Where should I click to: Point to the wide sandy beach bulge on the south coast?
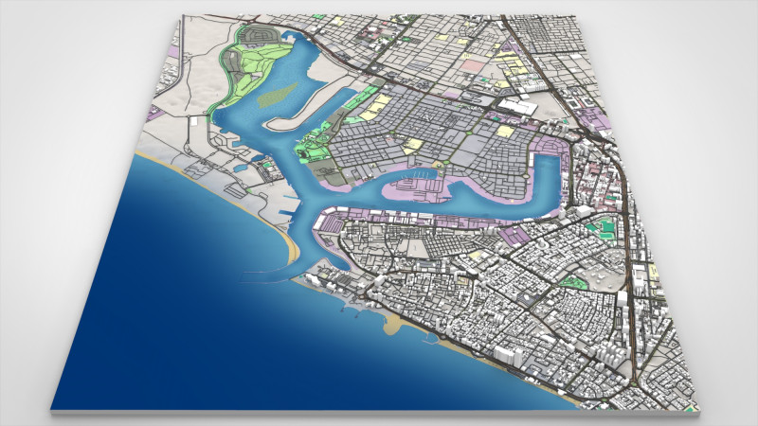(x=393, y=323)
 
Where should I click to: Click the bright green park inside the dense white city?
(x=572, y=281)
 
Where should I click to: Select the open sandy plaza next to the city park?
(x=603, y=275)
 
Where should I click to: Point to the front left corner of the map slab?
(x=52, y=409)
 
